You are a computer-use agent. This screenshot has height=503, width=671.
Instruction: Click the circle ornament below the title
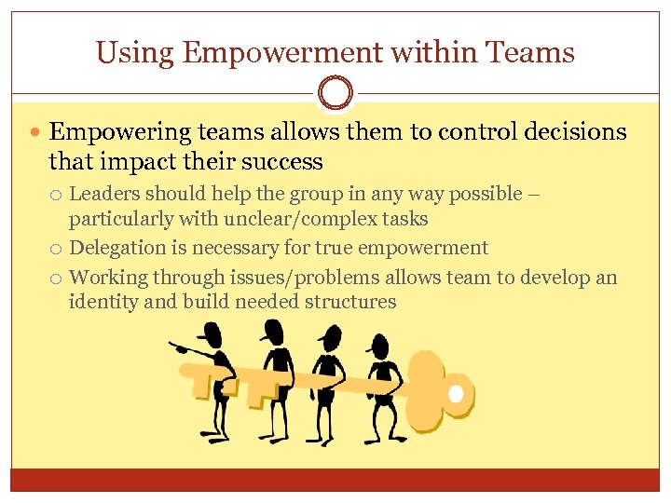coord(335,94)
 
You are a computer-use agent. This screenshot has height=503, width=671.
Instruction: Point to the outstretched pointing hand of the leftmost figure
coord(174,347)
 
